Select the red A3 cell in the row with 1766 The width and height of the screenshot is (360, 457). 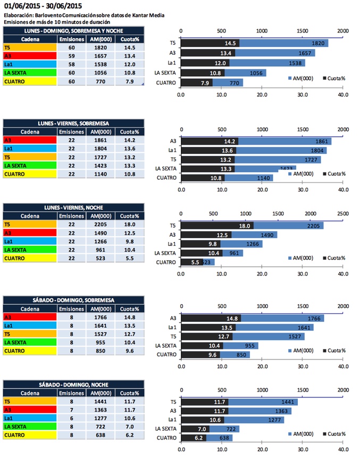pyautogui.click(x=29, y=318)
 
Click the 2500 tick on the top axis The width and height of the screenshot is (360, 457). pyautogui.click(x=342, y=213)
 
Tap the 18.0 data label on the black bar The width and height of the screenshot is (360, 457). pyautogui.click(x=245, y=226)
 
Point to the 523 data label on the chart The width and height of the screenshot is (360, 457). pyautogui.click(x=205, y=262)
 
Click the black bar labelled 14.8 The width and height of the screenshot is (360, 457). pyautogui.click(x=211, y=318)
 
